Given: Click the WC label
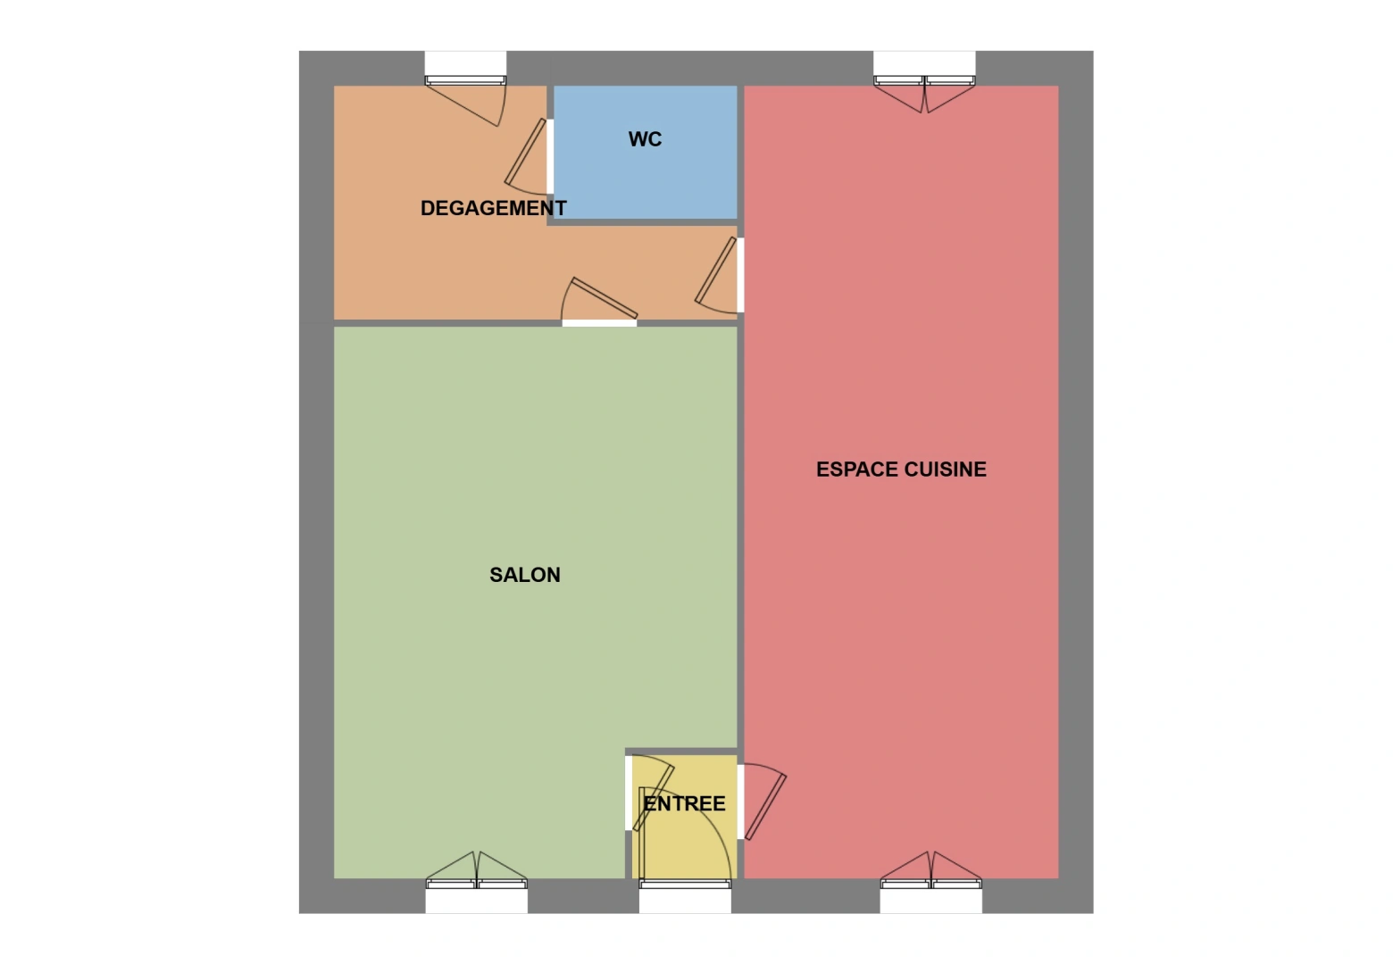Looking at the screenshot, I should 645,139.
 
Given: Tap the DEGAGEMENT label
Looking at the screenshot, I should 493,208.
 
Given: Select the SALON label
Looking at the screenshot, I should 524,575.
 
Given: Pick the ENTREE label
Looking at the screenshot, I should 685,803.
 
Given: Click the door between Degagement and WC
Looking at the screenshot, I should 527,156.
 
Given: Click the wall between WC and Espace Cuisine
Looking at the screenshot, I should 740,152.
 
